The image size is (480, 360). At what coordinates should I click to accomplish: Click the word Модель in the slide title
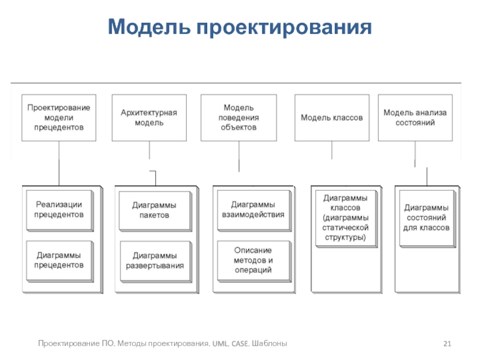[149, 26]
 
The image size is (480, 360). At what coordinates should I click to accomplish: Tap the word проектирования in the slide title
[284, 28]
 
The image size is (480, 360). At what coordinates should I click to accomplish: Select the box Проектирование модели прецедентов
[59, 118]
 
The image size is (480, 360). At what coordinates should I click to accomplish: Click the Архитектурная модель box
[149, 118]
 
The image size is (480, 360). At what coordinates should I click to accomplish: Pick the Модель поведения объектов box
[239, 118]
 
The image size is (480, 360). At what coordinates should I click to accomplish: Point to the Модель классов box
[332, 118]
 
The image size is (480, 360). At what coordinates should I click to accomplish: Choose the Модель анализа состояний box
[415, 118]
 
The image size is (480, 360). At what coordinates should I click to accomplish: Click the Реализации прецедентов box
[60, 211]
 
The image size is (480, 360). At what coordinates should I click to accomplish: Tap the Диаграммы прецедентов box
[60, 262]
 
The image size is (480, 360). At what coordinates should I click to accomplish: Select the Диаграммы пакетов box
[155, 211]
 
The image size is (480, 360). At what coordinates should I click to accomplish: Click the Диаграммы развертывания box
[156, 262]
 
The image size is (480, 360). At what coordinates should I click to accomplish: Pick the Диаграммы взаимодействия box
[254, 211]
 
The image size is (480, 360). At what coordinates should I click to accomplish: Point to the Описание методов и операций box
[254, 262]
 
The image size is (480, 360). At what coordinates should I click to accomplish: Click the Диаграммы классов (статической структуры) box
[347, 218]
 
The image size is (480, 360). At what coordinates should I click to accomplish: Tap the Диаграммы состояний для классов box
[428, 218]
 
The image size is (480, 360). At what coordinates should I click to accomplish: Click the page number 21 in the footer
[447, 343]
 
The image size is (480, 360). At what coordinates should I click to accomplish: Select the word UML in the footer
[220, 343]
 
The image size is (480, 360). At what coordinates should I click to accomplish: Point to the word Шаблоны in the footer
[269, 343]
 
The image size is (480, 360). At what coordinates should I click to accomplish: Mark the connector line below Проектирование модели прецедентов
[59, 163]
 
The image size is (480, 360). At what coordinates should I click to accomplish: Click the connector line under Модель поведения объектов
[239, 157]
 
